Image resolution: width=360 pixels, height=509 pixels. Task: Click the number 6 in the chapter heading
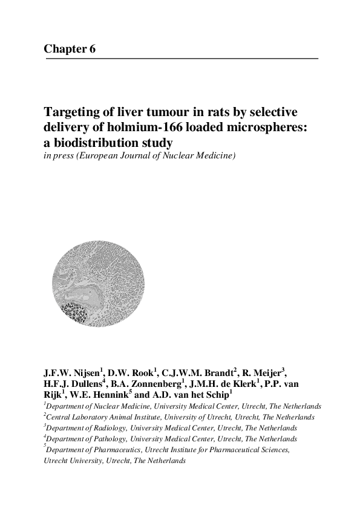(92, 49)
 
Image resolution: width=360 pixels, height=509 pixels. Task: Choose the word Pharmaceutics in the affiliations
(113, 450)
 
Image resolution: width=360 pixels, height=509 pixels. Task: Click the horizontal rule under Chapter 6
(181, 58)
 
